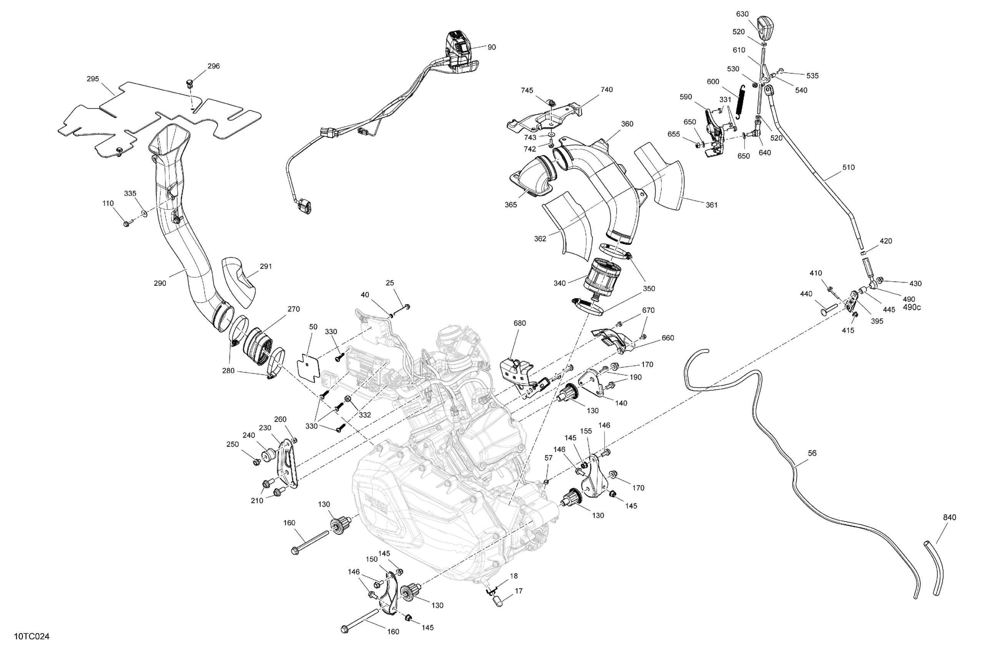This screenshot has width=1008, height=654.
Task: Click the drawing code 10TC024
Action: pyautogui.click(x=32, y=637)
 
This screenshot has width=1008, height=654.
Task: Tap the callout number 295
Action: pyautogui.click(x=93, y=79)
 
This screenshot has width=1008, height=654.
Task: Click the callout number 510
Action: pyautogui.click(x=848, y=167)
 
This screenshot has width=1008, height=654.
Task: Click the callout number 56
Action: pyautogui.click(x=812, y=453)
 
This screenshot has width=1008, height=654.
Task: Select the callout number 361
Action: pyautogui.click(x=712, y=205)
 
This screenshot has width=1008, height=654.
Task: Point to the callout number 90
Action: pyautogui.click(x=491, y=47)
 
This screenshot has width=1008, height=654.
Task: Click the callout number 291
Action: pyautogui.click(x=266, y=267)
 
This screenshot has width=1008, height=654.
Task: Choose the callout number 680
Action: pyautogui.click(x=520, y=324)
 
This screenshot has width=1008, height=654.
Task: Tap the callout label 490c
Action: pyautogui.click(x=912, y=307)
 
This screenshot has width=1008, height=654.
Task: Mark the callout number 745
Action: pyautogui.click(x=527, y=91)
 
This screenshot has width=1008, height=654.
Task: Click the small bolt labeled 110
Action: pyautogui.click(x=126, y=224)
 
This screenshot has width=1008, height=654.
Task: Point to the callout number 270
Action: pyautogui.click(x=293, y=309)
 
